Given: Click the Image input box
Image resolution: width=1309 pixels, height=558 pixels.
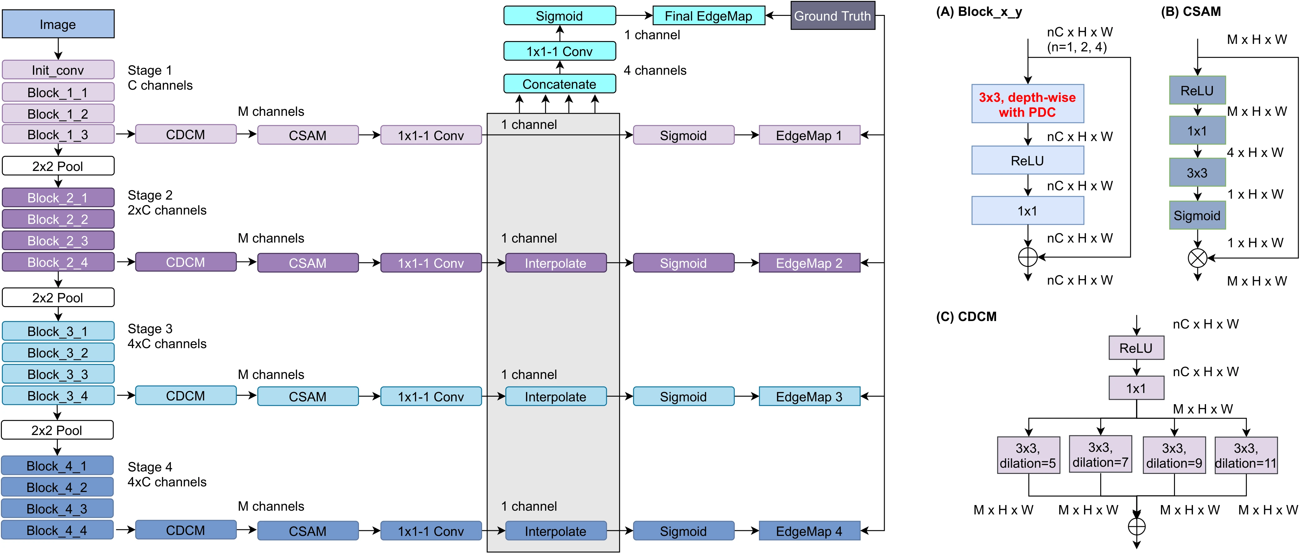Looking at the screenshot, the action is [x=58, y=24].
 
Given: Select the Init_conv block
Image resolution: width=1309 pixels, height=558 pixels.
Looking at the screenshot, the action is [x=58, y=70].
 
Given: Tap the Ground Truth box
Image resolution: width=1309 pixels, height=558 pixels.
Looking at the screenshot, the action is [x=832, y=16].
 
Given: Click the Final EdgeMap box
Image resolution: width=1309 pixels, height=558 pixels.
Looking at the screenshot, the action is [x=708, y=16].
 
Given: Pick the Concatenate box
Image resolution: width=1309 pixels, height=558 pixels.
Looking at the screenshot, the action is [x=560, y=84].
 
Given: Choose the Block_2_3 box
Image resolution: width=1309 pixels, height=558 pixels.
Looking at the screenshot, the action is [x=58, y=241].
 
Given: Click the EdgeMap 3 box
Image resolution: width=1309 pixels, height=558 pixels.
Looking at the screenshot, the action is [x=809, y=397].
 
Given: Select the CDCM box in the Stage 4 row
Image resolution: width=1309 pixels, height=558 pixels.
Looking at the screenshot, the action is [x=185, y=530].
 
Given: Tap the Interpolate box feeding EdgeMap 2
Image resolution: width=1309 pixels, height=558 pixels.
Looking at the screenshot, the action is [x=555, y=263].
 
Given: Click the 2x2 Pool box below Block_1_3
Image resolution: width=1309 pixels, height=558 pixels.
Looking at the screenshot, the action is [x=58, y=166].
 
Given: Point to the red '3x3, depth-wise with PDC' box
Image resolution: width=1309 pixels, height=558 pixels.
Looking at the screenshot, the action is [x=1027, y=104].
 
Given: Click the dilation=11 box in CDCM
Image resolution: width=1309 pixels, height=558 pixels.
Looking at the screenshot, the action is [x=1246, y=455].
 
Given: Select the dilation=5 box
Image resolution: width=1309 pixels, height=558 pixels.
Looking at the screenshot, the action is [x=1028, y=455].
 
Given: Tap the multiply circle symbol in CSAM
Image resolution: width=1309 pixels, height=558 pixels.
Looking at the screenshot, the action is [x=1198, y=258].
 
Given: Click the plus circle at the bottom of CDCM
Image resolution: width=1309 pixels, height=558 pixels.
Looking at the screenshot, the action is [x=1137, y=527].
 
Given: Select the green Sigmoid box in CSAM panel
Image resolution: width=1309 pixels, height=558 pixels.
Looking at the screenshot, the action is [x=1197, y=215].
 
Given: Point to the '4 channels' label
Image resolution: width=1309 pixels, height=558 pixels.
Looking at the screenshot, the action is [x=655, y=70].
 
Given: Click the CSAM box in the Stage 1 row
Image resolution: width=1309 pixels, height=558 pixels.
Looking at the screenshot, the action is [x=308, y=135].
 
